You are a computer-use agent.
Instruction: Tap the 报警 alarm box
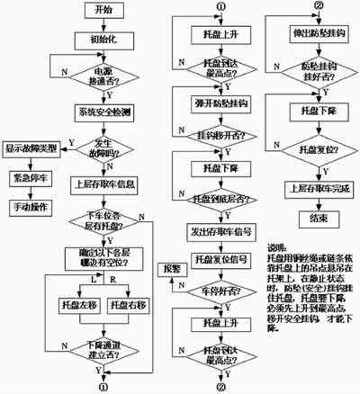pos(171,269)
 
